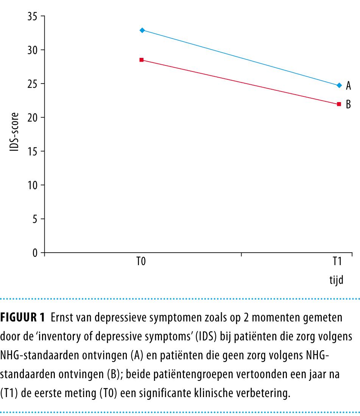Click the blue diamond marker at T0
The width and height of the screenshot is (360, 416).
(x=142, y=30)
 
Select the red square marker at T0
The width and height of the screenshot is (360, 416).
(x=141, y=60)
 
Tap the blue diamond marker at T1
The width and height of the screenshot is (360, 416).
(x=339, y=85)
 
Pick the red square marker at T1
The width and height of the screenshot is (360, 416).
(x=339, y=104)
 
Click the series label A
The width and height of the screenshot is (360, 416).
(x=348, y=86)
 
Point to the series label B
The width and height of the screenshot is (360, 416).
(x=348, y=105)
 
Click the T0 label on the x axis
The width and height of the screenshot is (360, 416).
(x=141, y=262)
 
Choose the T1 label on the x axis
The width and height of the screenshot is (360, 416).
(x=337, y=262)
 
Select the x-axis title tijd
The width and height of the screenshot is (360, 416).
(x=336, y=281)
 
